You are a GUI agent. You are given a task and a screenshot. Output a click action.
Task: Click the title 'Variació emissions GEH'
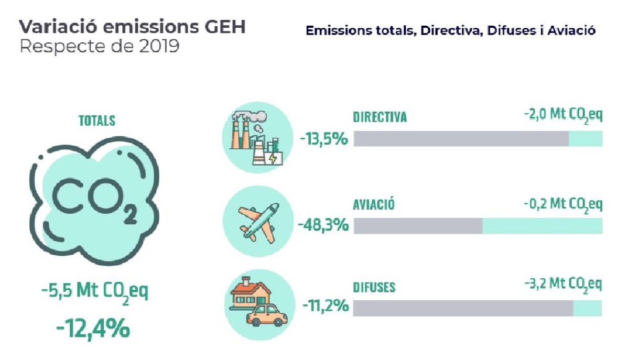(x=132, y=28)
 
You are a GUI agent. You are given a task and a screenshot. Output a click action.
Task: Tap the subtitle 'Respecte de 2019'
(x=99, y=47)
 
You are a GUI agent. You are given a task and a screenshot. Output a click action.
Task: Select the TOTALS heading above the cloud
(x=97, y=120)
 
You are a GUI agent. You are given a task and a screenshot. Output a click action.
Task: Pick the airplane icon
(x=258, y=223)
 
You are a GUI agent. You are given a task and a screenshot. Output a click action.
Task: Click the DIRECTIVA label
(x=380, y=117)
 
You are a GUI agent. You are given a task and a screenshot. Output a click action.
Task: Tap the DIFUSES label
(x=374, y=287)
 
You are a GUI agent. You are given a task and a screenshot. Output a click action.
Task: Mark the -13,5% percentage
(x=324, y=140)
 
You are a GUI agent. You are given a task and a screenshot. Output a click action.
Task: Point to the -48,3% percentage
(x=323, y=226)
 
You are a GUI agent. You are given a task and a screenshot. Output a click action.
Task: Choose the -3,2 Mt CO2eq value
(x=562, y=286)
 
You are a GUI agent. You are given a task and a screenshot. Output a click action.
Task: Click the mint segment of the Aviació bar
(x=542, y=226)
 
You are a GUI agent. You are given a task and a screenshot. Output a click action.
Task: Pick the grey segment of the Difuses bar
(x=463, y=308)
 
